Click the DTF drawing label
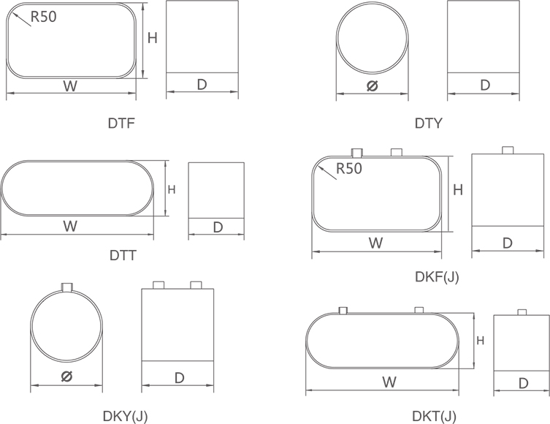pyautogui.click(x=121, y=124)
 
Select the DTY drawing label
pyautogui.click(x=429, y=124)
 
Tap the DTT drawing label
pyautogui.click(x=123, y=255)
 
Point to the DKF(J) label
pyautogui.click(x=437, y=277)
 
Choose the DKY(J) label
pyautogui.click(x=125, y=416)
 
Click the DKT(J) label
pyautogui.click(x=435, y=416)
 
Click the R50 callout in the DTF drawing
pyautogui.click(x=44, y=17)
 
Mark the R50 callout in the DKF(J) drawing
pyautogui.click(x=349, y=168)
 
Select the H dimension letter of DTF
pyautogui.click(x=152, y=38)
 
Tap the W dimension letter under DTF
pyautogui.click(x=70, y=86)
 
